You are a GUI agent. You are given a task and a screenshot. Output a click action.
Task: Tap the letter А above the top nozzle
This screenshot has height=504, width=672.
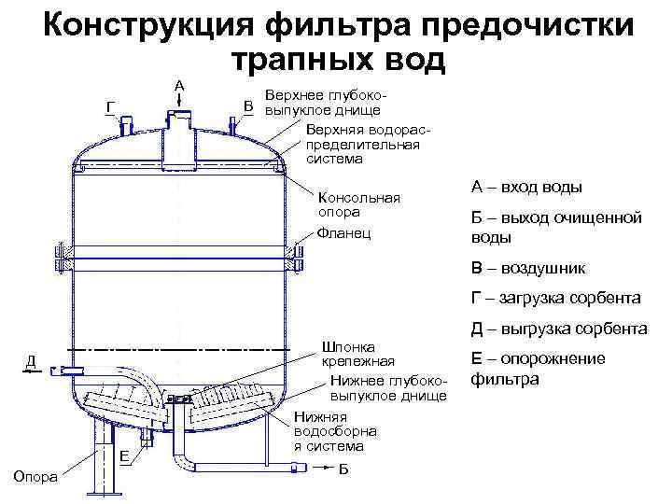pos(179,86)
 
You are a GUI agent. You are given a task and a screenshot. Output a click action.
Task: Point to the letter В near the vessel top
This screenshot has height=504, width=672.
pos(249,105)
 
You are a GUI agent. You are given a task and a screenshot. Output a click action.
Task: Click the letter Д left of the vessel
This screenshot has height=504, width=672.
pos(31,360)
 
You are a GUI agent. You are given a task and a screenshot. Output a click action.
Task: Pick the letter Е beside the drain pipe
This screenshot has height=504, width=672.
pos(123,455)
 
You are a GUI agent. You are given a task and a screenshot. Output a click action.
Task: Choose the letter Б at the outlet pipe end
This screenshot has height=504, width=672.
pos(343,467)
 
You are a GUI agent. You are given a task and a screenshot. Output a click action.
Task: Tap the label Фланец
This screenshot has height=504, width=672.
pos(343,232)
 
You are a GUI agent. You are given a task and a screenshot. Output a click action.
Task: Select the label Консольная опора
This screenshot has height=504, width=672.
pos(359,204)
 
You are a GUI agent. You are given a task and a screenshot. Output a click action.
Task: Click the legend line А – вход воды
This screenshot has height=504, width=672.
pos(526,188)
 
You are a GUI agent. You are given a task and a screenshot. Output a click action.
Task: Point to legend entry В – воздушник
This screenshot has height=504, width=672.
pos(528,268)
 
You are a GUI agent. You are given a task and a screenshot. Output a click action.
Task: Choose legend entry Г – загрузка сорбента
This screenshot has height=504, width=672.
pos(555,299)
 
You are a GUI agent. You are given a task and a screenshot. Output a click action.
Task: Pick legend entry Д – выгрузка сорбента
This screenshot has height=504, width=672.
pos(559,329)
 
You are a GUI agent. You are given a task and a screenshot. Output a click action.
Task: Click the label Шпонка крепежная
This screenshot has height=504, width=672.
pos(358,352)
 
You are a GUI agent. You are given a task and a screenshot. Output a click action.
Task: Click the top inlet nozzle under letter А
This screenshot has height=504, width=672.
pos(177,130)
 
